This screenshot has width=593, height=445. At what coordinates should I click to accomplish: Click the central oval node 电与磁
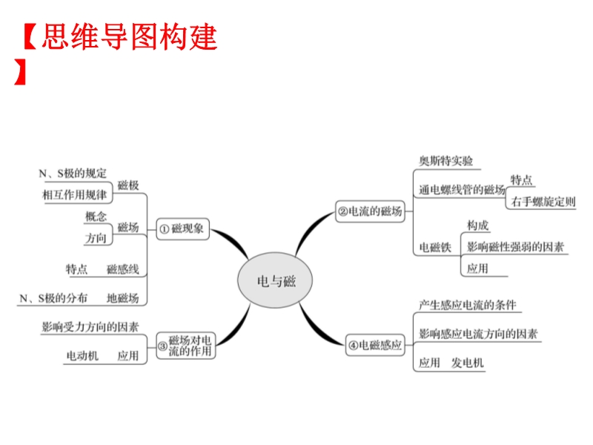(275, 281)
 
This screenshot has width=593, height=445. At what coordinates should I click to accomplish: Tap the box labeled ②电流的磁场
(370, 211)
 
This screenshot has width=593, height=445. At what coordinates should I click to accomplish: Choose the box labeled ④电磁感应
(376, 344)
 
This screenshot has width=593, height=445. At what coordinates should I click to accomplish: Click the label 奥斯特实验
(445, 161)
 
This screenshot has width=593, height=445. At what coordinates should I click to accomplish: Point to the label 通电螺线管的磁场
(461, 190)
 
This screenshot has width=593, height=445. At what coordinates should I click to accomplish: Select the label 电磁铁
(435, 248)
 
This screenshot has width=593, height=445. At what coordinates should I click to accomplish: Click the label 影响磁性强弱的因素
(515, 245)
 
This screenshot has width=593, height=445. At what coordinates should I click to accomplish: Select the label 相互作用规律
(74, 194)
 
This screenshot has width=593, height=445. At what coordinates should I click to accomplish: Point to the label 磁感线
(122, 268)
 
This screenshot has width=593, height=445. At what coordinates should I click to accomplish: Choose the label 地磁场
(122, 298)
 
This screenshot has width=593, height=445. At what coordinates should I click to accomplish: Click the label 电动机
(82, 356)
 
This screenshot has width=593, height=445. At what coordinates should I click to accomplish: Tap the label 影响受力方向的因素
(90, 326)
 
